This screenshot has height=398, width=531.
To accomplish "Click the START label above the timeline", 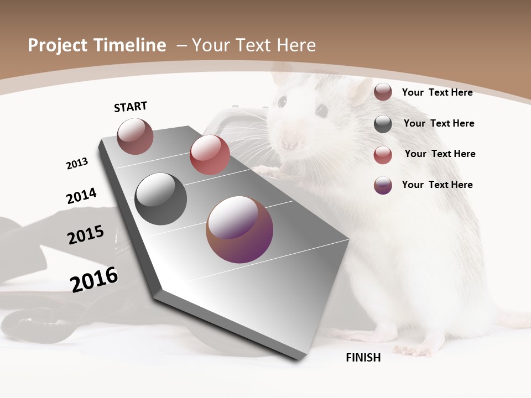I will click(131, 107).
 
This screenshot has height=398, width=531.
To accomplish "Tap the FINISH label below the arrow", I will click(363, 358).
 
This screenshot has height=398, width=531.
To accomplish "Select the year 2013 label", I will click(77, 164).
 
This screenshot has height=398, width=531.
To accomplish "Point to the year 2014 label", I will click(81, 196).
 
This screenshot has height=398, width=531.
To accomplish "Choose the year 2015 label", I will click(86, 235).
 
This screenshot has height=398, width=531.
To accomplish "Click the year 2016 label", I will click(94, 280).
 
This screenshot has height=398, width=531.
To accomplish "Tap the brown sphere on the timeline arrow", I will click(135, 137).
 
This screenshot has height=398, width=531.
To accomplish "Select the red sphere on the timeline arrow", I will click(210, 155).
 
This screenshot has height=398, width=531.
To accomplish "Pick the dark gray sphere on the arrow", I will click(161, 199).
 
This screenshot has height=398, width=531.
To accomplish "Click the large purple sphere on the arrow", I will click(240, 229).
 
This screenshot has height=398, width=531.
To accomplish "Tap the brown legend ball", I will click(383, 92).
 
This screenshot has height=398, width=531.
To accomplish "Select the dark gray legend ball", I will click(383, 124).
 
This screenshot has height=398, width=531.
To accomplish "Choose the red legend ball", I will click(383, 155).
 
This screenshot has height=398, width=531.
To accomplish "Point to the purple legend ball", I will click(383, 185).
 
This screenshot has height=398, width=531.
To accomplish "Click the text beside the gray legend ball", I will click(439, 123).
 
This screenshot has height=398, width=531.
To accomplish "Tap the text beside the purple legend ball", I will click(437, 185).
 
